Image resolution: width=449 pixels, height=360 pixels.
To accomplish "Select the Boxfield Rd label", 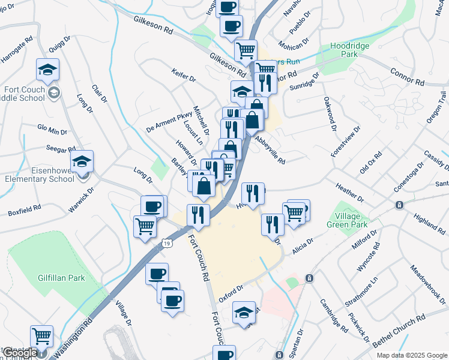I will click(x=24, y=211).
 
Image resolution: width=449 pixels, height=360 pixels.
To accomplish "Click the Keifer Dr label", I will click(x=184, y=77).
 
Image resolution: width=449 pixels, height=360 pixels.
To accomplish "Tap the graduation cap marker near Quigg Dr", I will click(x=47, y=71).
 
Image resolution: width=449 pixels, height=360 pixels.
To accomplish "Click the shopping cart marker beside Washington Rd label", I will click(x=41, y=337).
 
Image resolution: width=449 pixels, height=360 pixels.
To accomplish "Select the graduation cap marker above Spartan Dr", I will click(x=244, y=313).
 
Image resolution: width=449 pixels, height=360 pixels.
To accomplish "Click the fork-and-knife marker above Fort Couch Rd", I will click(x=198, y=214).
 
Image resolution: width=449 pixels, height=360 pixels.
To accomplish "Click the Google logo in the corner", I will click(x=20, y=353).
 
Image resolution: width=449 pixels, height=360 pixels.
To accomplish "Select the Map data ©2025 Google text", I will click(x=411, y=355).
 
